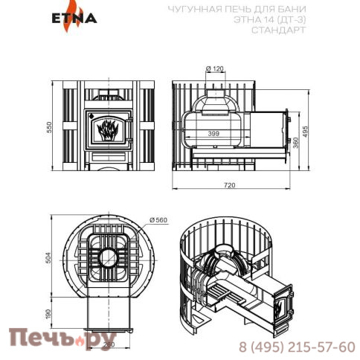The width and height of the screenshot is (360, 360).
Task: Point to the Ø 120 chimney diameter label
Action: pyautogui.click(x=213, y=68)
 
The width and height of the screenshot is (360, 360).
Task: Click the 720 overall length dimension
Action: pyautogui.click(x=230, y=184)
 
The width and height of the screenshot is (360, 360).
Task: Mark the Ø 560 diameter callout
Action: pyautogui.click(x=159, y=220)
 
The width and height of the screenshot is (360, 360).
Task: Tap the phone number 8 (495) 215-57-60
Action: pyautogui.click(x=297, y=347)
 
